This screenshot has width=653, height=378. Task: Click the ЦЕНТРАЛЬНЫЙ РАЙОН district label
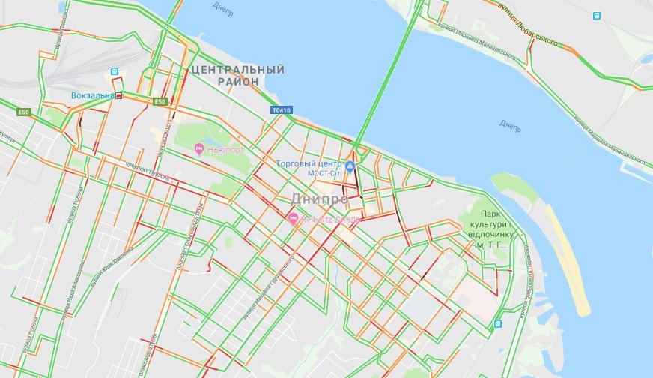coord(237,75)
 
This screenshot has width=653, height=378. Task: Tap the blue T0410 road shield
coord(280,110)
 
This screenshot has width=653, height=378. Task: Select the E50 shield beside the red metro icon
coord(159,102)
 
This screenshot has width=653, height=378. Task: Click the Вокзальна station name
coord(94,96)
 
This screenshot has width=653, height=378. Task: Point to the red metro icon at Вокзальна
coord(118,96)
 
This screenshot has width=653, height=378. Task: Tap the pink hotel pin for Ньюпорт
coord(198,148)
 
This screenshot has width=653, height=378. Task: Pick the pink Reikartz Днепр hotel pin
coord(293,218)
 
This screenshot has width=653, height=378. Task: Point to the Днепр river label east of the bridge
coord(511,124)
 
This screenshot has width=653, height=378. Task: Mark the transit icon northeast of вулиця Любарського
coord(596,15)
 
